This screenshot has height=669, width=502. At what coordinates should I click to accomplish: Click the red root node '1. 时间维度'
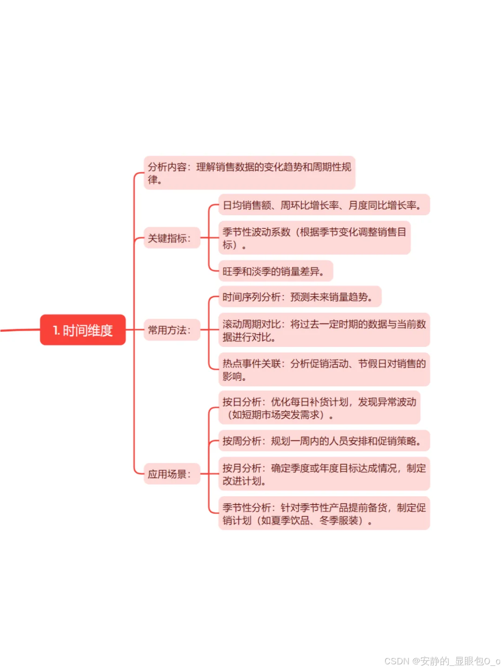pos(83,330)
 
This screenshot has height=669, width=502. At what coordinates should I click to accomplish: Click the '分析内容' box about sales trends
pos(249,173)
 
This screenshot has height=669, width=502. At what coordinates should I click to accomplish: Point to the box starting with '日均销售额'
pos(324,205)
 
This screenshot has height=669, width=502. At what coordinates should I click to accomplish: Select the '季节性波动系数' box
pos(314,238)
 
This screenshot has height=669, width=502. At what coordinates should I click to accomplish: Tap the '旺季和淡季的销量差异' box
pos(276,271)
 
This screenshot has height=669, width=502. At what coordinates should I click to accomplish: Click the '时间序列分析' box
pos(300,297)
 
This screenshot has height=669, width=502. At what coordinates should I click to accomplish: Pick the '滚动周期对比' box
pos(324,330)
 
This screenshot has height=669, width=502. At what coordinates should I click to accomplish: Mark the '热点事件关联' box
pos(324,370)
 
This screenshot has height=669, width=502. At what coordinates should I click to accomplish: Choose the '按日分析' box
pos(319,408)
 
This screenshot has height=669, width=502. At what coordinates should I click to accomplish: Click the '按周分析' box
pos(324,441)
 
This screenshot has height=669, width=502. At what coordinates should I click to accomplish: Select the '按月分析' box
pos(324,474)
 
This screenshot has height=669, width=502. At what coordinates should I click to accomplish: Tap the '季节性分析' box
pos(324,514)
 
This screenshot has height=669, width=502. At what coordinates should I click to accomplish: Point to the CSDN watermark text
pos(442,661)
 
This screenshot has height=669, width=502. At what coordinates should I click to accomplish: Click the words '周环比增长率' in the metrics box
pos(310,205)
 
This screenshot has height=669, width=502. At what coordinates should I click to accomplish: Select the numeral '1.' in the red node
pos(56,330)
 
